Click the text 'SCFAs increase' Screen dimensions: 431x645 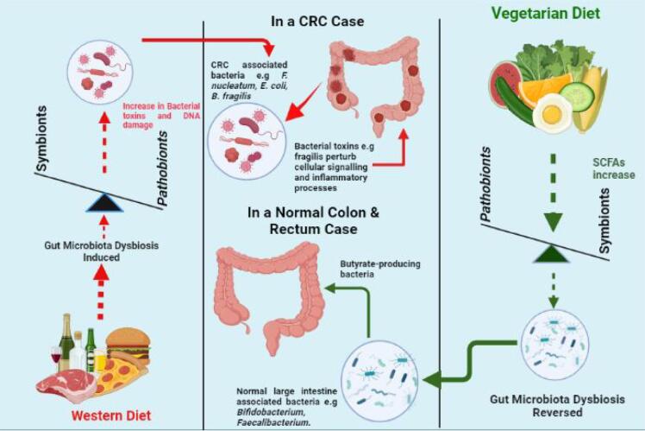click(x=612, y=168)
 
